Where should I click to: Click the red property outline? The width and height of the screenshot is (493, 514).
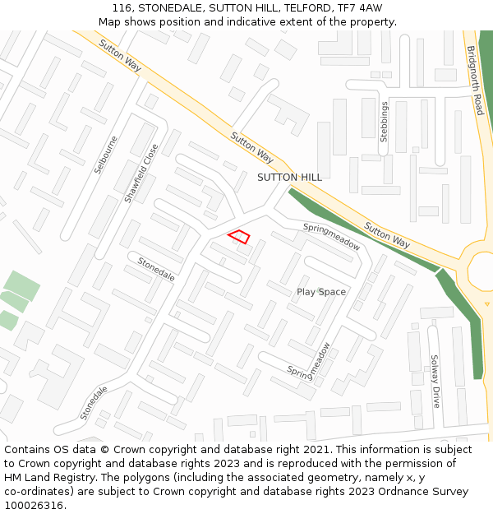[239, 237]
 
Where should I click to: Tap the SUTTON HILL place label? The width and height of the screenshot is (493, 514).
[289, 177]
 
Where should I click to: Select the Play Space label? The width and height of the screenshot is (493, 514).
[321, 292]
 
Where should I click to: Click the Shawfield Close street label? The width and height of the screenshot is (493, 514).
[141, 174]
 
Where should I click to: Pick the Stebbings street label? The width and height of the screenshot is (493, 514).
[384, 122]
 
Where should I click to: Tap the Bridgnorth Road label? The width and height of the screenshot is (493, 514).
[474, 80]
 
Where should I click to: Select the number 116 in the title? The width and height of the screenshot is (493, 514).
[135, 7]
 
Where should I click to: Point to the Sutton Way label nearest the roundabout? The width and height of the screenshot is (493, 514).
[387, 235]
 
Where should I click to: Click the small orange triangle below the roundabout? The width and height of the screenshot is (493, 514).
[487, 304]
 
